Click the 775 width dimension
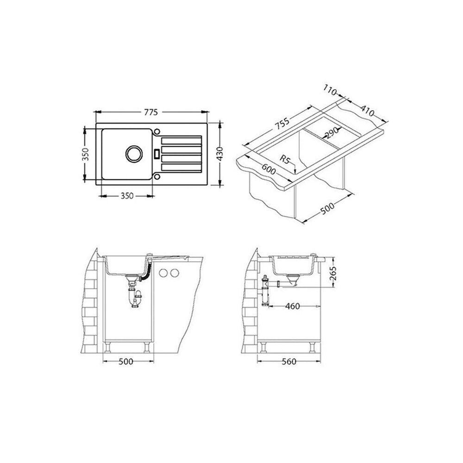[x=151, y=112]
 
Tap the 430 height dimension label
[x=220, y=154]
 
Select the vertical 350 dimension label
[x=85, y=154]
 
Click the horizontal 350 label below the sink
[x=127, y=195]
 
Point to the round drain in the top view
[x=134, y=154]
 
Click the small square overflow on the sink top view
[x=157, y=153]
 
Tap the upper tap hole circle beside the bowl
[x=157, y=131]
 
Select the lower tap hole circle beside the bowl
[x=157, y=176]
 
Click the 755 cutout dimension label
[x=282, y=124]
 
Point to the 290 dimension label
[x=331, y=133]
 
